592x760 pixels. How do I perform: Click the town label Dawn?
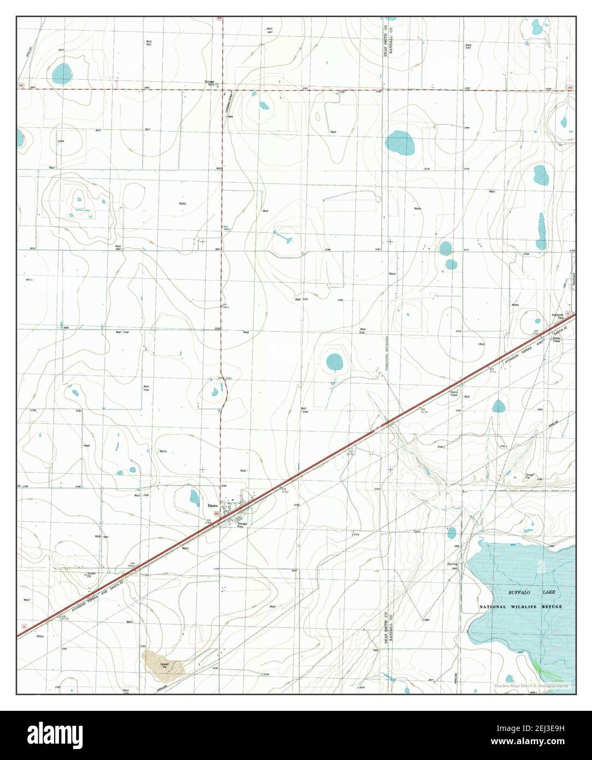tap(213, 506)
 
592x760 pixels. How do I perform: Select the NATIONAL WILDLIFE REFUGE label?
tap(520, 607)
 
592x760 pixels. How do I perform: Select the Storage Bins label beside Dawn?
tap(242, 525)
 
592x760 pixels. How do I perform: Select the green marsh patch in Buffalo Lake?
tap(539, 667)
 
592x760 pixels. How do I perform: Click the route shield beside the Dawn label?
tap(217, 514)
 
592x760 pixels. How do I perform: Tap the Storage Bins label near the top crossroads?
tap(209, 84)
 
